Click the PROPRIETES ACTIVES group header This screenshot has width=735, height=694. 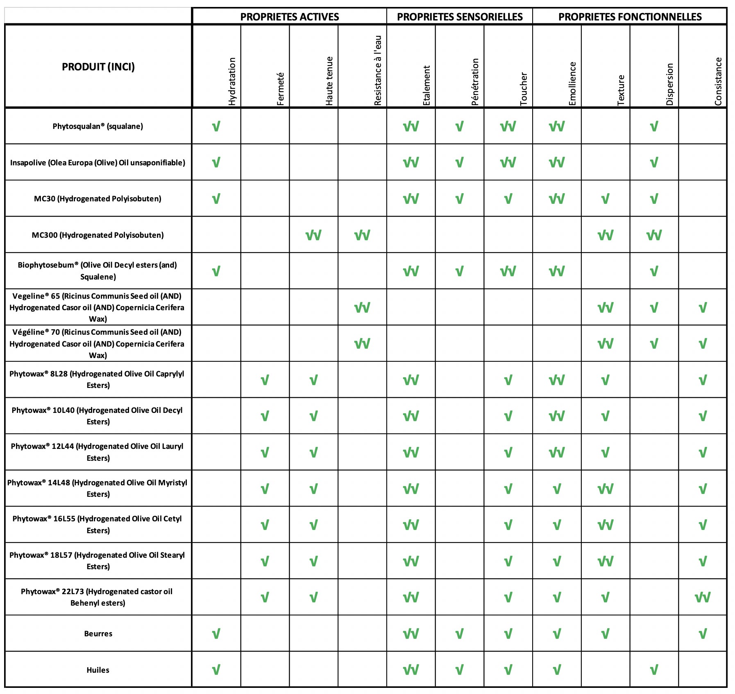pos(289,17)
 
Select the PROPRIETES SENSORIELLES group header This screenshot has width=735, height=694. pos(460,17)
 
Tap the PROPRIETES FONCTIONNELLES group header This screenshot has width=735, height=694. pos(630,17)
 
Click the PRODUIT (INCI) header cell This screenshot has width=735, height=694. pos(98,67)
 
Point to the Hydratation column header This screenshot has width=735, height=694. pos(232,81)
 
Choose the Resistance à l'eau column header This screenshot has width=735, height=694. pos(378,70)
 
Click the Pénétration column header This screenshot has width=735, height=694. pos(475,81)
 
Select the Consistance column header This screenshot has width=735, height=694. pos(718,81)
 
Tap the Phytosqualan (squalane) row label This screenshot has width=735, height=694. pos(98,126)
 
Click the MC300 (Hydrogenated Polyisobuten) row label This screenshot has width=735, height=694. pos(98,235)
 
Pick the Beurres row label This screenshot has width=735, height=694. pos(98,633)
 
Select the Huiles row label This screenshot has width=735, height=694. pos(98,670)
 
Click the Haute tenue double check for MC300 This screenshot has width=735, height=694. pos(313,235)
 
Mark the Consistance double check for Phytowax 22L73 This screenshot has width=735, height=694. pos(703,597)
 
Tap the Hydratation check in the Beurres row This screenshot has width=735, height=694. pos(216,634)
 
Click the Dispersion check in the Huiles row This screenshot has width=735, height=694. pos(654,670)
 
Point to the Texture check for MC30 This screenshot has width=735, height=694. pos(605,199)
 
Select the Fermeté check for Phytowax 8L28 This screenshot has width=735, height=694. pos(265,380)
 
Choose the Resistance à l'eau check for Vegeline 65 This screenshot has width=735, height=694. pos(362,307)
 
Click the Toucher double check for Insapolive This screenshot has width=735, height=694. pos(508,162)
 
